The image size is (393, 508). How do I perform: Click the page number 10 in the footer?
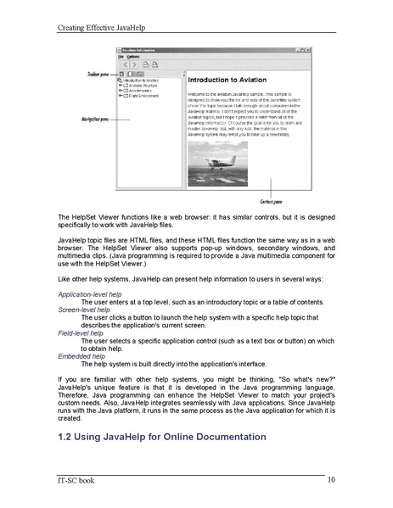[x=330, y=480]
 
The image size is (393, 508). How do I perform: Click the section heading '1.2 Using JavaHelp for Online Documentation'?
[x=161, y=436]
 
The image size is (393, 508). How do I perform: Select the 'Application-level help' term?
[x=89, y=293]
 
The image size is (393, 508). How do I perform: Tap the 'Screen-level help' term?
[x=82, y=310]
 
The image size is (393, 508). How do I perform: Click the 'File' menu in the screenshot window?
[x=121, y=56]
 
